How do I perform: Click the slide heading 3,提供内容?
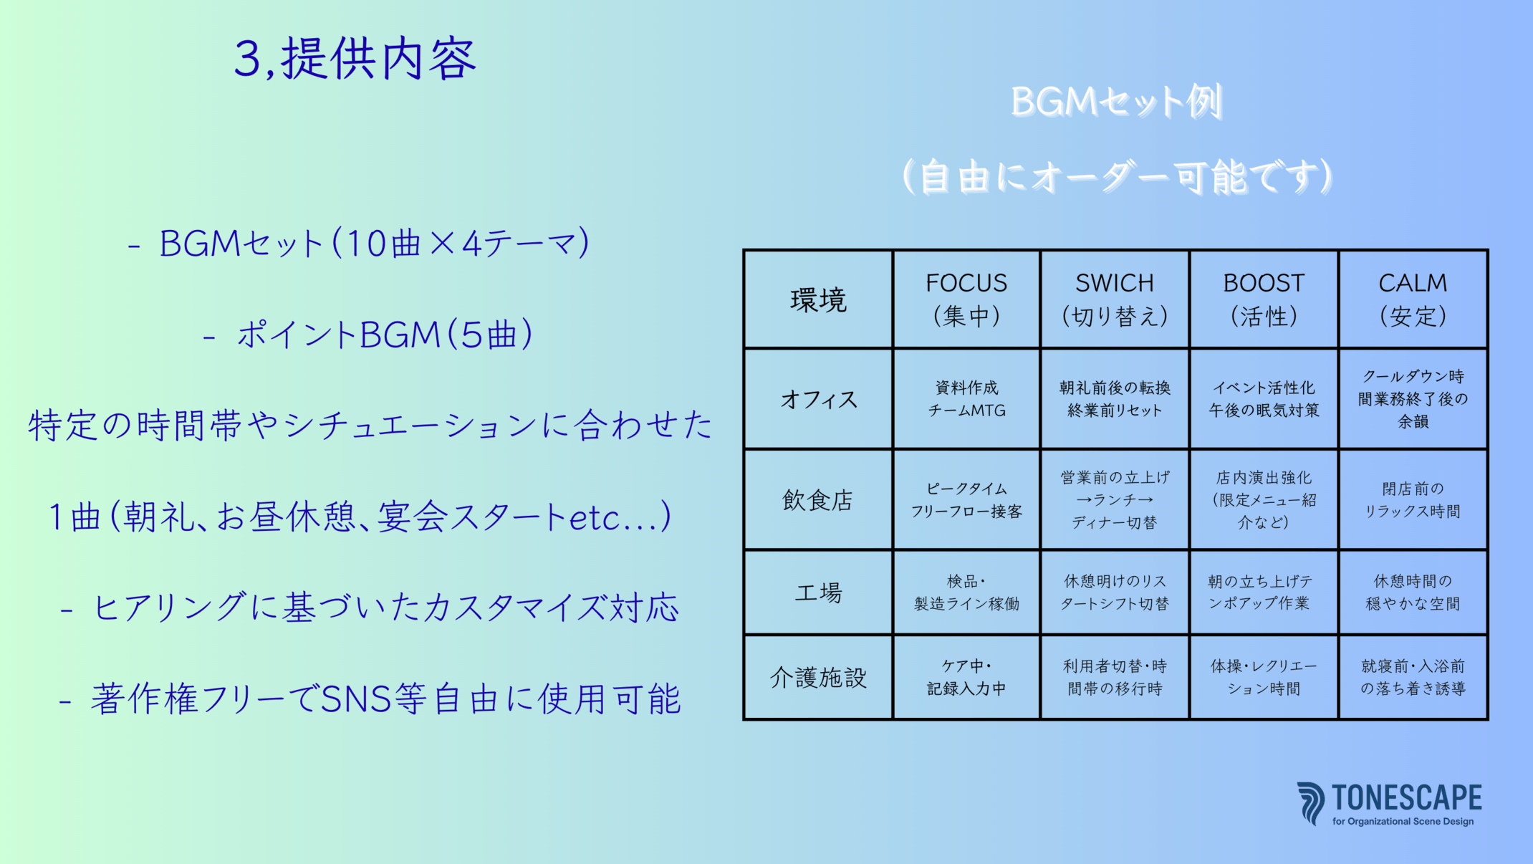tap(355, 59)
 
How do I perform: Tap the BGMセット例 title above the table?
tap(1116, 102)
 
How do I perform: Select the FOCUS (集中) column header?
tap(966, 299)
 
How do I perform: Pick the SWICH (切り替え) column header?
tap(1115, 299)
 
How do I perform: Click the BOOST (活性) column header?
tap(1264, 299)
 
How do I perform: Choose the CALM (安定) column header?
tap(1413, 299)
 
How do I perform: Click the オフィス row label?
tap(818, 399)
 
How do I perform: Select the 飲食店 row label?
tap(818, 499)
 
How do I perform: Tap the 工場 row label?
tap(818, 592)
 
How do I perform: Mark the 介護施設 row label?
tap(818, 677)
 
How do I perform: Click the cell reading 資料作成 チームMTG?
tap(966, 399)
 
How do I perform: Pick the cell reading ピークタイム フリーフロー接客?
tap(966, 500)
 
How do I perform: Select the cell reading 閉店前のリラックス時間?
tap(1413, 500)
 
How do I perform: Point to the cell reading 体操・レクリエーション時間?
tap(1264, 677)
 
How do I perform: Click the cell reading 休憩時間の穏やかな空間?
tap(1413, 592)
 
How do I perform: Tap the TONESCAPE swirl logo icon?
tap(1311, 803)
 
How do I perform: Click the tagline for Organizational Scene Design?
tap(1403, 822)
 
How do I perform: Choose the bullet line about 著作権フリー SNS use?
tap(370, 699)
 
